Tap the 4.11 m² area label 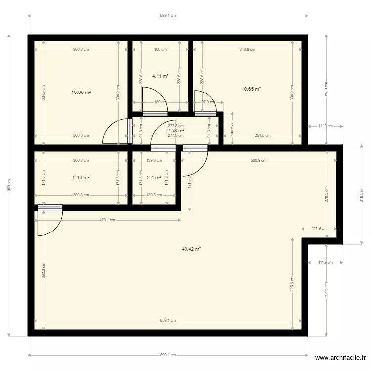pos(160,76)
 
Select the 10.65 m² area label pos(251,89)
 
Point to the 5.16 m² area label pos(81,177)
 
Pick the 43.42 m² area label pos(191,249)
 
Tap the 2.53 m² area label pos(176,130)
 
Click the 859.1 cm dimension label pos(168,320)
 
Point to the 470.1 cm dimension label pos(108,220)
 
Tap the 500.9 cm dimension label pos(259,160)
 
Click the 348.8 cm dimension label pos(247,49)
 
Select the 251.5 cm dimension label pos(262,135)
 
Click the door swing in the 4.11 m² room pos(151,98)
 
